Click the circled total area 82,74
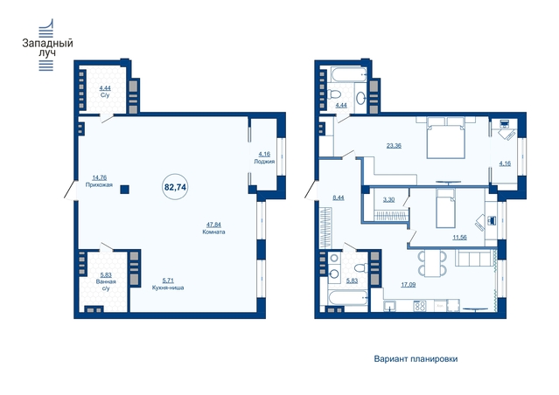point(175,187)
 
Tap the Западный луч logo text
point(48,48)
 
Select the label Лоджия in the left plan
point(264,162)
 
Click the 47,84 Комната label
point(213,228)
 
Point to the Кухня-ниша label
point(168,288)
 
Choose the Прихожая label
point(99,184)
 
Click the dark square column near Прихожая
point(124,189)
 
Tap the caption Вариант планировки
point(416,358)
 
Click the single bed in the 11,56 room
point(445,208)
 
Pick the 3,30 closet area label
point(388,200)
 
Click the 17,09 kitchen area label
point(409,285)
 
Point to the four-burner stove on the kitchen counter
point(420,306)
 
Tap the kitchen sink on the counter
point(390,306)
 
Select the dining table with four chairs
point(432,263)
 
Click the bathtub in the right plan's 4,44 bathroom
point(348,74)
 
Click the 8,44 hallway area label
point(339,197)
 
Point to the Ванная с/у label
point(106,285)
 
